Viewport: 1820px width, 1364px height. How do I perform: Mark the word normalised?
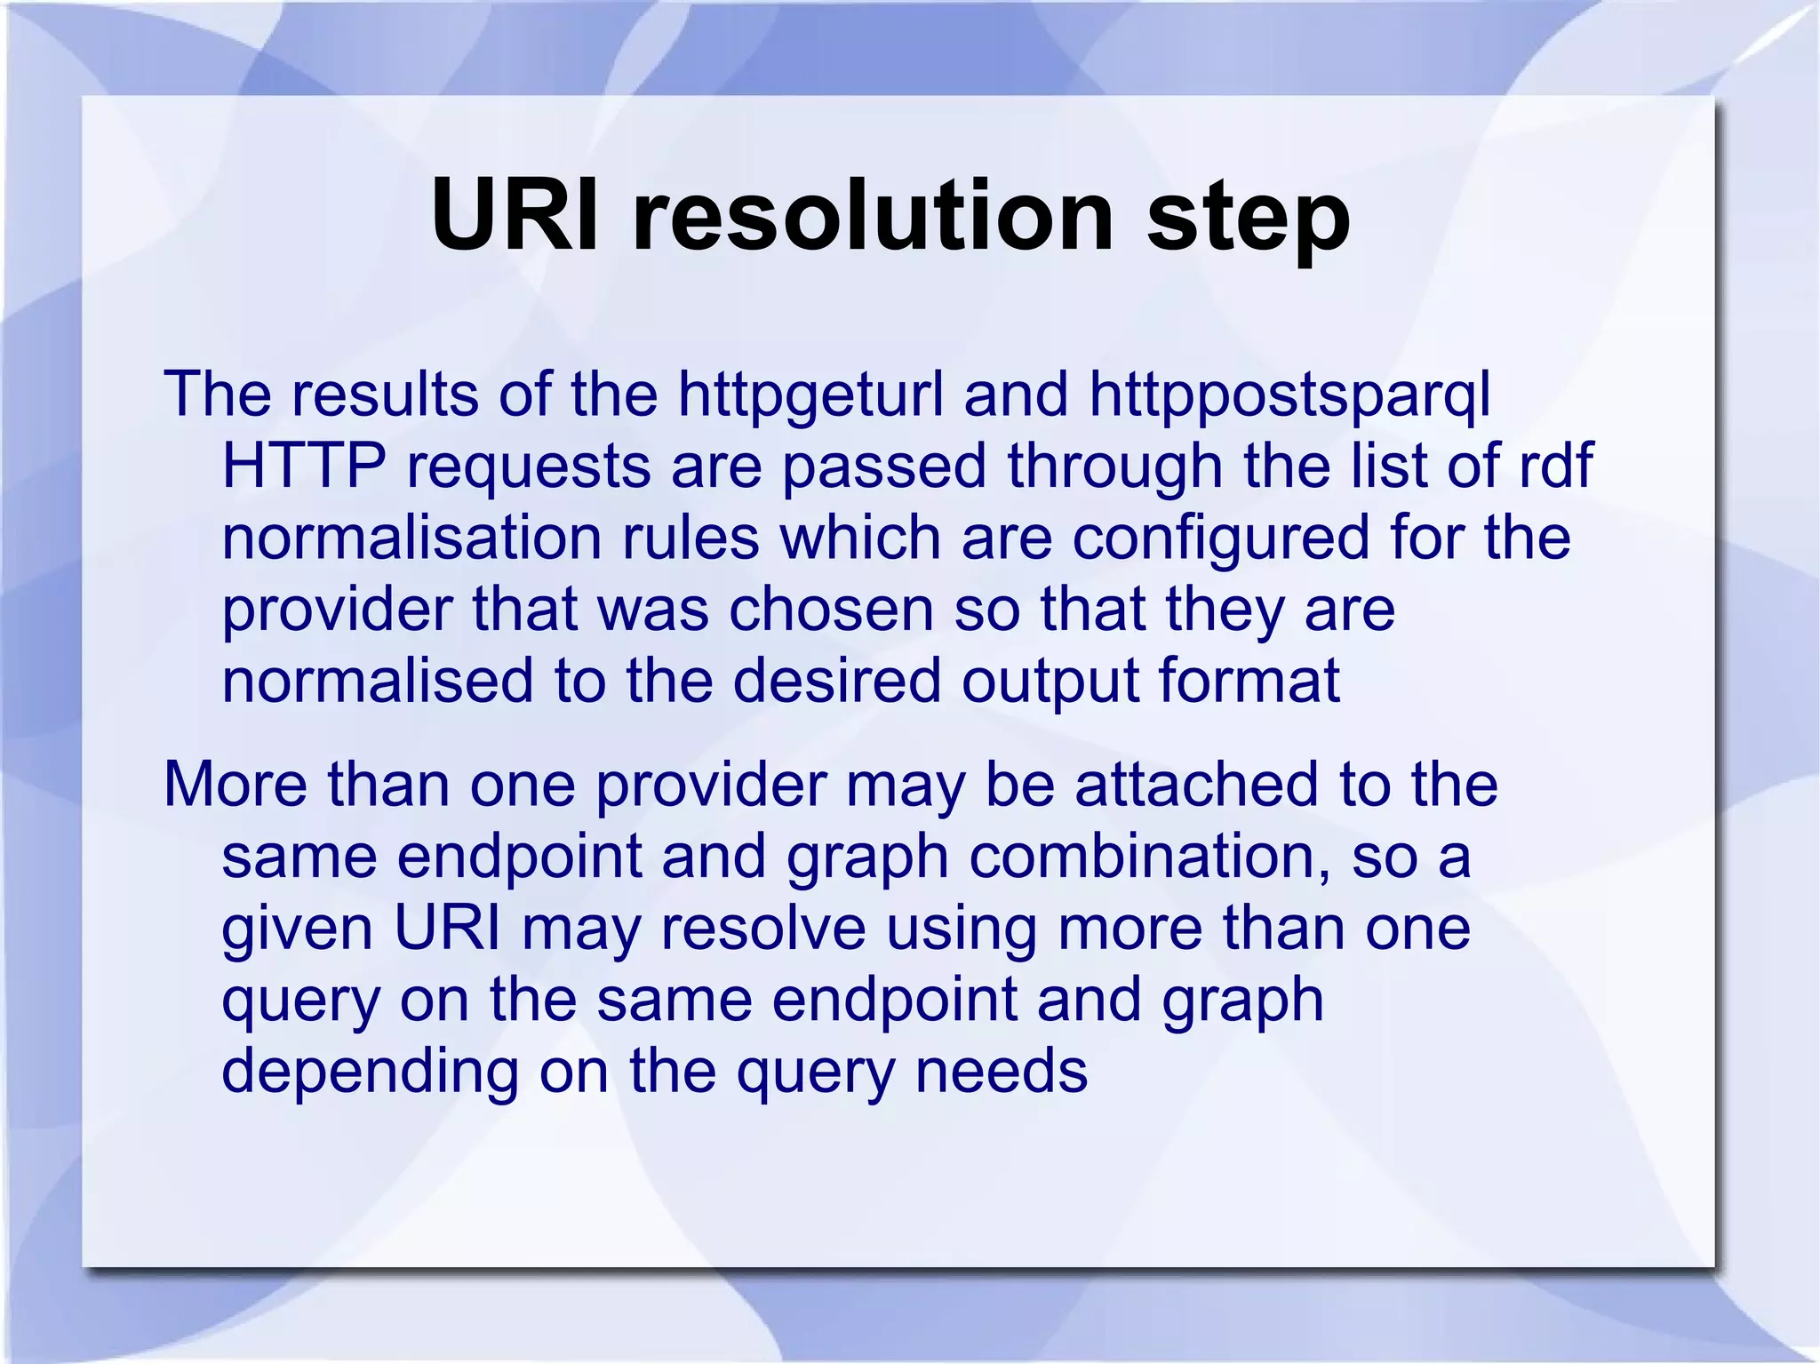[x=377, y=681]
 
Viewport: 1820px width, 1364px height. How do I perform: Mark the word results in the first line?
[x=385, y=395]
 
